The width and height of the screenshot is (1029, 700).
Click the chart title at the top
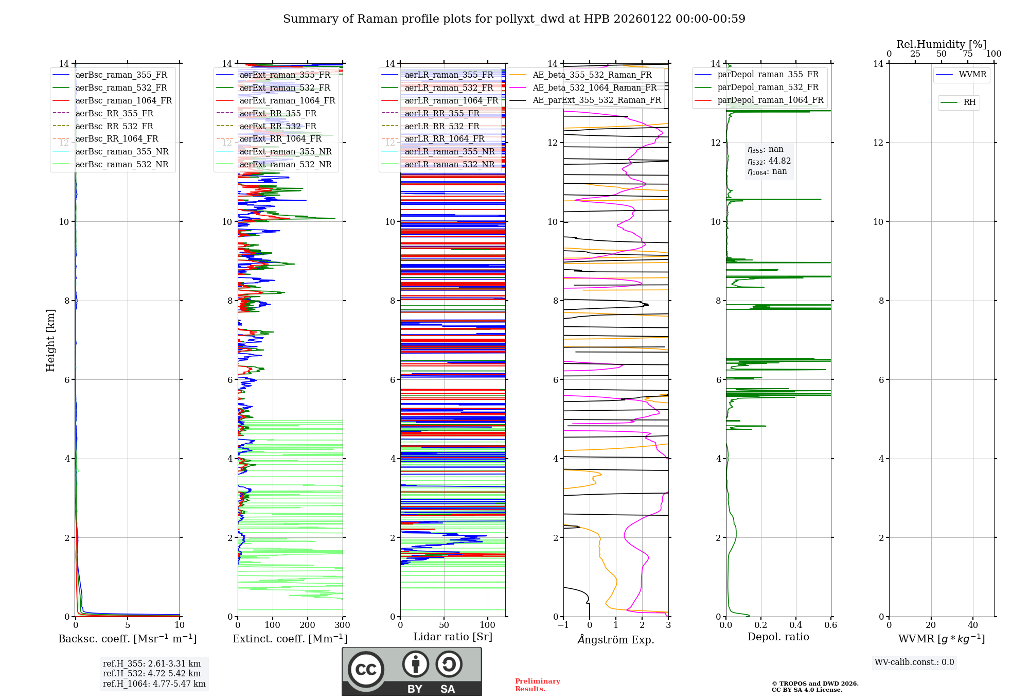(514, 19)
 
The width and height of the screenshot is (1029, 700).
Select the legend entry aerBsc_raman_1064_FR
(123, 100)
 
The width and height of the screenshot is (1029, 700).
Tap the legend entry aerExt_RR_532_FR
(278, 126)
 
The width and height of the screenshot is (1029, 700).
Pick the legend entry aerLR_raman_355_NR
(449, 151)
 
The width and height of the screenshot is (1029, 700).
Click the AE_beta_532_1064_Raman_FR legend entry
(594, 87)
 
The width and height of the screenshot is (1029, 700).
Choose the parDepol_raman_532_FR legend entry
(768, 87)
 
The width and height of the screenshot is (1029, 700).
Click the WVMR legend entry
(972, 75)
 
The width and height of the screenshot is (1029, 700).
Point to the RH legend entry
(969, 102)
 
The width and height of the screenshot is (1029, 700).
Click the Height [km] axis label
(50, 340)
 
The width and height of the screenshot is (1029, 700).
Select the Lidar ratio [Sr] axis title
(453, 637)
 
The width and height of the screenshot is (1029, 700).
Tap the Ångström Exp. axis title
(616, 639)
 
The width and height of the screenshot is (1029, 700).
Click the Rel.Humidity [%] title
(941, 44)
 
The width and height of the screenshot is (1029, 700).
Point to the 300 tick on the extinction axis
(342, 625)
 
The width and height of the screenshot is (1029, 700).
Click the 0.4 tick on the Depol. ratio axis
(795, 625)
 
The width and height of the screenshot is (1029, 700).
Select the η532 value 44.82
(779, 161)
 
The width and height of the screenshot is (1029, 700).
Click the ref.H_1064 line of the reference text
(154, 684)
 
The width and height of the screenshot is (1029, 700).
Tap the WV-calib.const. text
(914, 662)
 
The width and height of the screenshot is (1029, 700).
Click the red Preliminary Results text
(537, 685)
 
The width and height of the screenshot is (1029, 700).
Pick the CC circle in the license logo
(366, 670)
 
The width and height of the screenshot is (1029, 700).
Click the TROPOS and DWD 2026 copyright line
(815, 684)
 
